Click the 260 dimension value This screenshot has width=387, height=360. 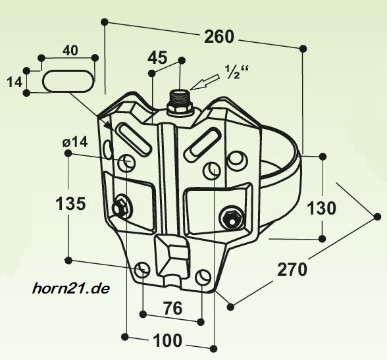click(x=219, y=36)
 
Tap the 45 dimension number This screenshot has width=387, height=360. click(x=157, y=58)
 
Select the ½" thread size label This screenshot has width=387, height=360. click(x=236, y=72)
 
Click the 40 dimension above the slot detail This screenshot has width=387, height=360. click(x=70, y=51)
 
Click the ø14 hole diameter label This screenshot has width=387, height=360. click(x=75, y=142)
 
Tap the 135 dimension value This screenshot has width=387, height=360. click(x=71, y=204)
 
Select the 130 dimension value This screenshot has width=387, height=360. click(x=321, y=208)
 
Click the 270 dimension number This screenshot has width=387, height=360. click(x=292, y=269)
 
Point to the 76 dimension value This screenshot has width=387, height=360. click(x=173, y=308)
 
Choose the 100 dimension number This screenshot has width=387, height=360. click(x=168, y=340)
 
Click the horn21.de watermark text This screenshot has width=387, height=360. click(x=70, y=288)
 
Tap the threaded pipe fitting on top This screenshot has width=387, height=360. click(x=180, y=102)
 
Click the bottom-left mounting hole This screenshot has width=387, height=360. click(x=142, y=270)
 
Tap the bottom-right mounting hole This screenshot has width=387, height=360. click(x=203, y=276)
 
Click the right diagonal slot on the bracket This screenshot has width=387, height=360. click(x=203, y=145)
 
